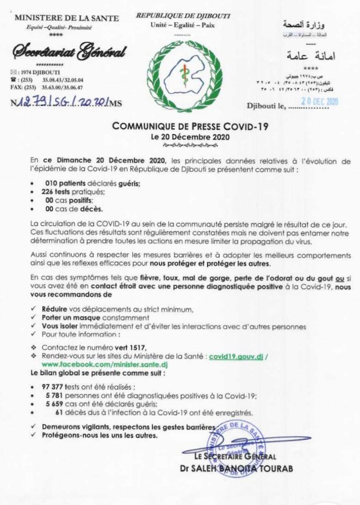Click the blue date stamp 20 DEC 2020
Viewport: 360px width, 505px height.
pos(319,101)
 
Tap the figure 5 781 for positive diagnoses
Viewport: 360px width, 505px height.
pos(56,395)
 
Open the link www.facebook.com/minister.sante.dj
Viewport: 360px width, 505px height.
pos(90,365)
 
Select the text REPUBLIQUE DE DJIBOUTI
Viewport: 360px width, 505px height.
pos(183,17)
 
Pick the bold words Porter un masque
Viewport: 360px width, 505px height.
pos(68,317)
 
